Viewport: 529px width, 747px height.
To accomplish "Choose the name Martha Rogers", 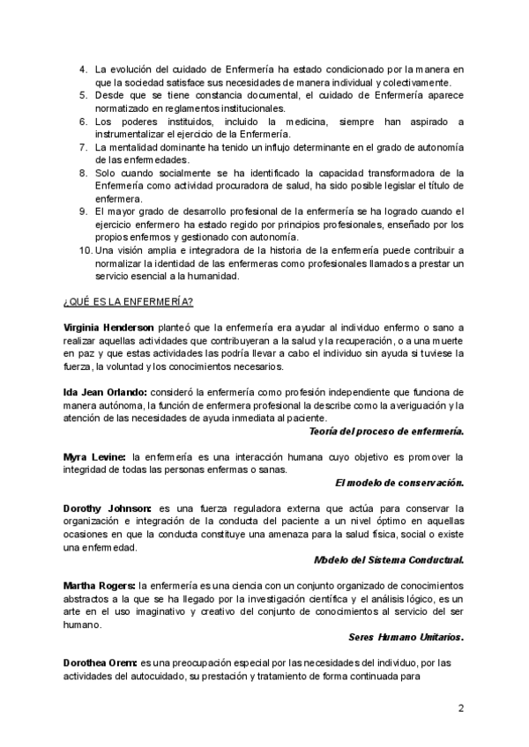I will (99, 585).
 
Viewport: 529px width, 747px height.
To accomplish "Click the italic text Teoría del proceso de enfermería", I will (387, 431).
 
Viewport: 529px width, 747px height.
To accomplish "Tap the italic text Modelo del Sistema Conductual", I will (389, 559).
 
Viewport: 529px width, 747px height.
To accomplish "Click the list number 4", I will (83, 69).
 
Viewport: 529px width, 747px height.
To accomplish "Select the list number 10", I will (86, 249).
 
